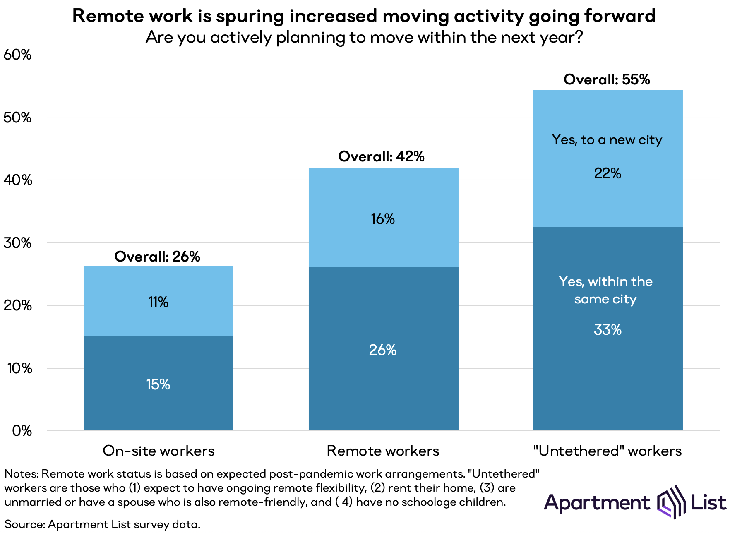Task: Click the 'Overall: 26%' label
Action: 157,257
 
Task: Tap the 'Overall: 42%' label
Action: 381,156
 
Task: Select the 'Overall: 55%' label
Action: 607,79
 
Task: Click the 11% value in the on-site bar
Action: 158,302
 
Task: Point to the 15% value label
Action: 158,384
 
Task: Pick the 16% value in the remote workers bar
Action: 383,219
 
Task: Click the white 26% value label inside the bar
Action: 383,350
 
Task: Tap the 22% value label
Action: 608,173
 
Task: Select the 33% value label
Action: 608,330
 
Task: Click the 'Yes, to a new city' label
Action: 607,140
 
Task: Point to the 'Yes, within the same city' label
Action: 605,290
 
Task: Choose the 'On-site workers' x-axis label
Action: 158,451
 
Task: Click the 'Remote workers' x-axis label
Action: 383,451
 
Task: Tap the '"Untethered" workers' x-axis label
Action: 608,451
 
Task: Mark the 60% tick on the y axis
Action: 17,55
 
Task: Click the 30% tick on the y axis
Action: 17,243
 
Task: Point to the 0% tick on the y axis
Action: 22,431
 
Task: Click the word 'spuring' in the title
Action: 250,16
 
